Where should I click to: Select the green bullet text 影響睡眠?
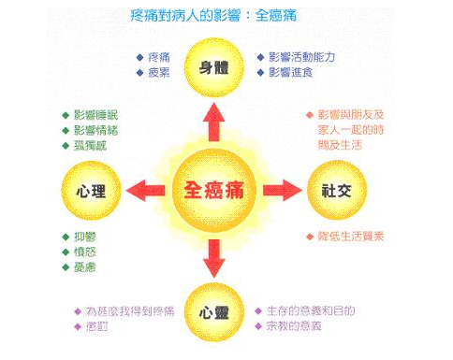coord(95,115)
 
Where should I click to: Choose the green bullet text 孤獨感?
coord(90,146)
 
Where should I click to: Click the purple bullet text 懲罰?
coord(96,326)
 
